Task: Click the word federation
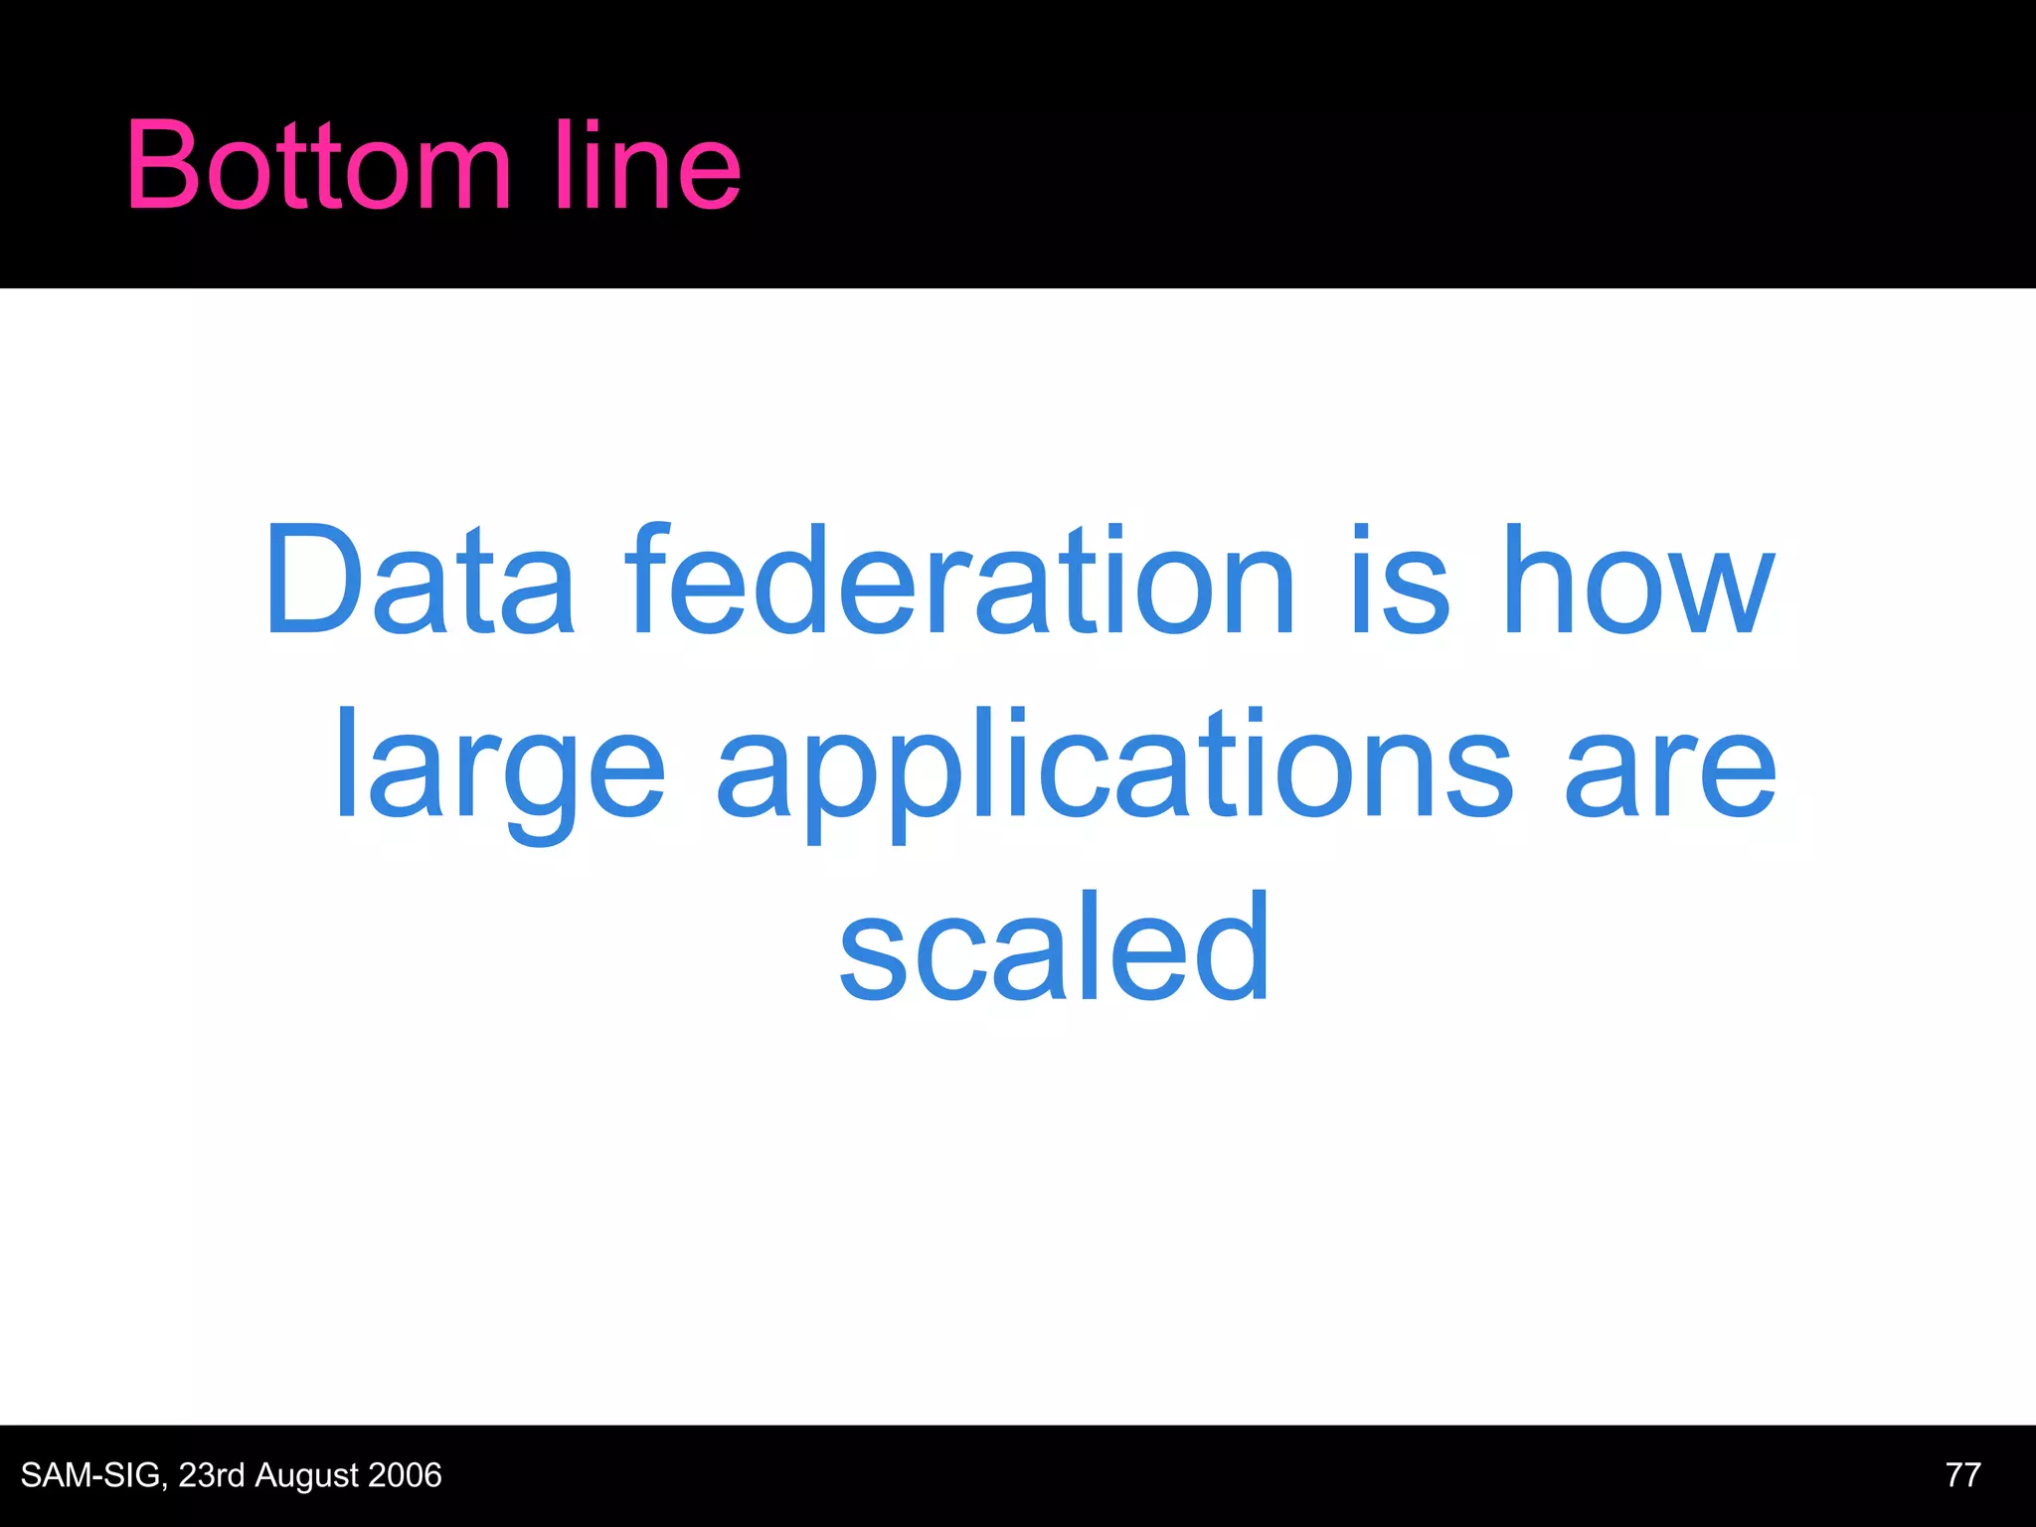click(960, 581)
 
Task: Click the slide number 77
click(1962, 1474)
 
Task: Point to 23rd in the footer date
click(212, 1475)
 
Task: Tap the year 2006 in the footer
click(405, 1475)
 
